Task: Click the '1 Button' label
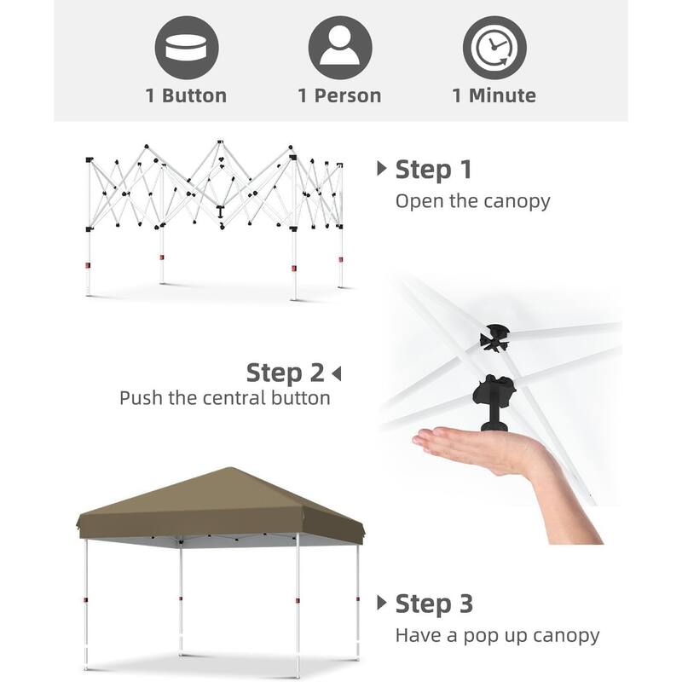click(x=187, y=95)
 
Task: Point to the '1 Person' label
click(x=340, y=95)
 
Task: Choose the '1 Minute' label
click(x=494, y=95)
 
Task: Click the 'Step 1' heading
click(x=433, y=169)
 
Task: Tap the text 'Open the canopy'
click(x=472, y=202)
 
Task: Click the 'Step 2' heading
click(x=285, y=373)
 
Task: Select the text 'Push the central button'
click(x=224, y=398)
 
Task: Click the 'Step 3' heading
click(x=433, y=604)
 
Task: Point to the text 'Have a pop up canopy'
click(x=497, y=635)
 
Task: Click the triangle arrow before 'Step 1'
click(x=382, y=169)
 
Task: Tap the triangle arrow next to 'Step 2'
click(x=337, y=373)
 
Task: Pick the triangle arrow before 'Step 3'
click(x=382, y=603)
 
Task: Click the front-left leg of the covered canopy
click(x=87, y=605)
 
